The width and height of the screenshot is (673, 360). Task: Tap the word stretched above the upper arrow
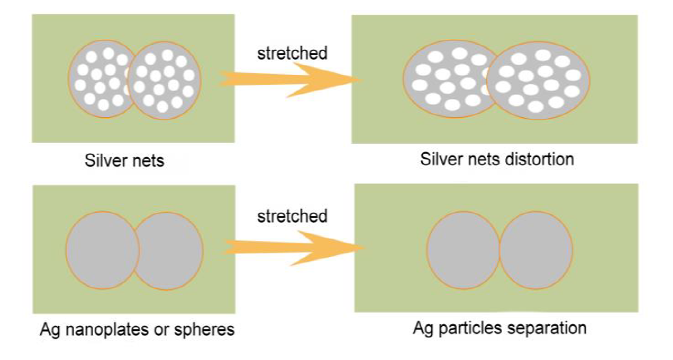pos(292,53)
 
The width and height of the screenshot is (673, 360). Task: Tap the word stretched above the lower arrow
pos(292,217)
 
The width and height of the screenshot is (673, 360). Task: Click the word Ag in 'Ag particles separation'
pos(423,327)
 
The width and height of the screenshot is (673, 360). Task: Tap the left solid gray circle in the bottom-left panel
pos(101,249)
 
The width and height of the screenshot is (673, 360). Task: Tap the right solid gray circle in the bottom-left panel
pos(169,249)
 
